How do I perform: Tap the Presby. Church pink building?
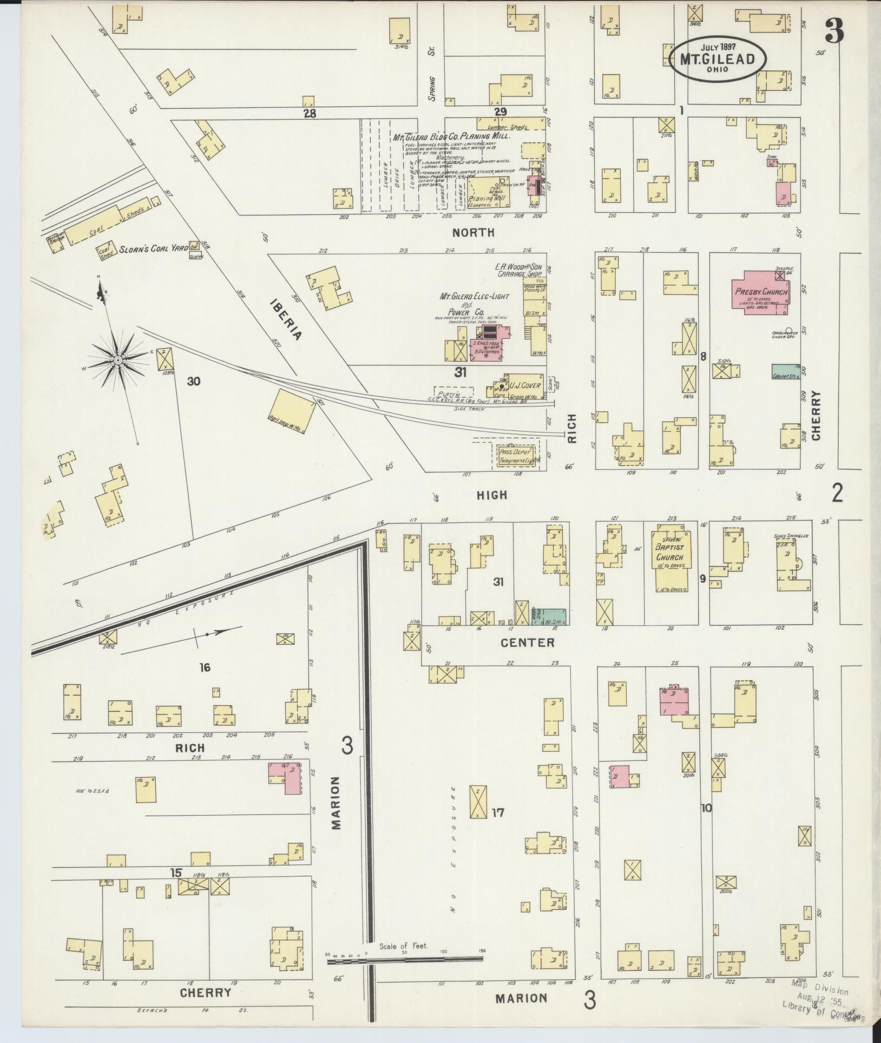click(760, 296)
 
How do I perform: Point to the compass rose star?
click(117, 360)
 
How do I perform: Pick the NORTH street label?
click(474, 233)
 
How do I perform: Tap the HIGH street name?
click(492, 494)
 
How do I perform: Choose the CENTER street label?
click(528, 642)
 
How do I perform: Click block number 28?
click(310, 114)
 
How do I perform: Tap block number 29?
click(500, 112)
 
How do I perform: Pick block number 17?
click(498, 812)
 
